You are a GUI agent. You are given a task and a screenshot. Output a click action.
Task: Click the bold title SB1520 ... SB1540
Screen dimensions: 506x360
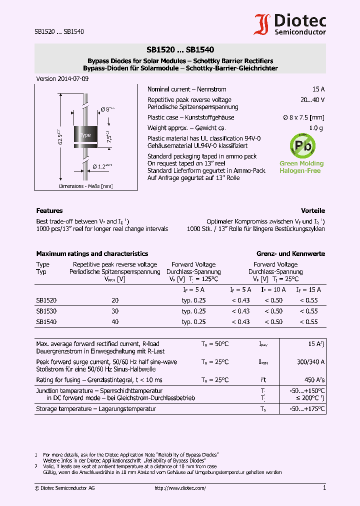click(180, 49)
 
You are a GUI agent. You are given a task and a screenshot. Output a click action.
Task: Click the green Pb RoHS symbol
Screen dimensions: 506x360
click(302, 145)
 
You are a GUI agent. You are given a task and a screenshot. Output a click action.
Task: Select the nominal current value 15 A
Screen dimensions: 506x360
click(318, 89)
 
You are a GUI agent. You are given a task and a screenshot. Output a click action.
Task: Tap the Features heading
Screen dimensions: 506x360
click(49, 210)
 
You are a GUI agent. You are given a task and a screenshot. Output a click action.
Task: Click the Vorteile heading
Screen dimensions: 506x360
click(312, 210)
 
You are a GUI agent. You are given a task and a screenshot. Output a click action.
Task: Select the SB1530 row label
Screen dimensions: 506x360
click(46, 311)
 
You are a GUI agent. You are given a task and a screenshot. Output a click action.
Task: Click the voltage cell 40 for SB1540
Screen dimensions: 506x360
click(115, 322)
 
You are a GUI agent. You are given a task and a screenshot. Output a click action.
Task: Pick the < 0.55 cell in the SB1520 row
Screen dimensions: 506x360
click(308, 300)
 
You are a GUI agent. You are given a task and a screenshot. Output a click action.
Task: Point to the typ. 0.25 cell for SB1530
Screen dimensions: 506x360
click(193, 311)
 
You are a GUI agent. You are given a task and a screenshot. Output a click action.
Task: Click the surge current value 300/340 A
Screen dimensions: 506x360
click(310, 361)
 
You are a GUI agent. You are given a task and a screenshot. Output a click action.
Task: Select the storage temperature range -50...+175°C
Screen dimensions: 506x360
click(307, 408)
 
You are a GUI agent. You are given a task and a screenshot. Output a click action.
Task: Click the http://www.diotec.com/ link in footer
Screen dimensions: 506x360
click(180, 488)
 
